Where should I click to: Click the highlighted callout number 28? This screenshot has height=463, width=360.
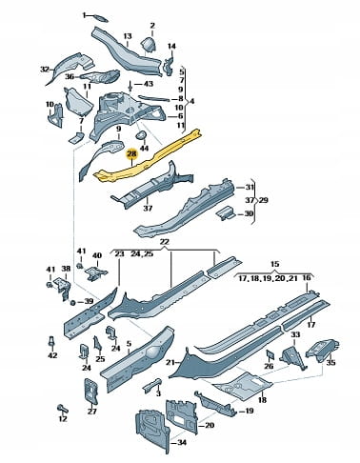131,154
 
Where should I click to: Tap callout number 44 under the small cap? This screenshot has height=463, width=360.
144,148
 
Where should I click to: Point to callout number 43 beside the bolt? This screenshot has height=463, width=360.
149,84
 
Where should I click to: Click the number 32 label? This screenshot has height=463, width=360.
46,69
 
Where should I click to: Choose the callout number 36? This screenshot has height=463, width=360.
70,77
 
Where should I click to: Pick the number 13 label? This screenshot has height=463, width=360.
128,36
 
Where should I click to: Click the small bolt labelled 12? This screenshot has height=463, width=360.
62,408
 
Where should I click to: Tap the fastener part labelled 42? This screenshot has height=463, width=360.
50,341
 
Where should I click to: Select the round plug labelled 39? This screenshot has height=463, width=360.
72,302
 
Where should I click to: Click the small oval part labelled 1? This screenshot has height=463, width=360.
101,19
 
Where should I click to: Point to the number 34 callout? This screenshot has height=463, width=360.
183,442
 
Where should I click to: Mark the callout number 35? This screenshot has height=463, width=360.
330,362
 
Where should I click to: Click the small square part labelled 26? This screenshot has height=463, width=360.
270,354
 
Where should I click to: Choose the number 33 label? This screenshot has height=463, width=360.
295,334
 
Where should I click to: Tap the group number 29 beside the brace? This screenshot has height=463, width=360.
263,200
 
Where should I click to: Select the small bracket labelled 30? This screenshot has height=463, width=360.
226,212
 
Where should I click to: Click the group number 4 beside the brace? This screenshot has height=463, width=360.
191,102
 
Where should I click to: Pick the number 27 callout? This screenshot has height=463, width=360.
91,412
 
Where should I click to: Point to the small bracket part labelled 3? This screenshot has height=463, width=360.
152,385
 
